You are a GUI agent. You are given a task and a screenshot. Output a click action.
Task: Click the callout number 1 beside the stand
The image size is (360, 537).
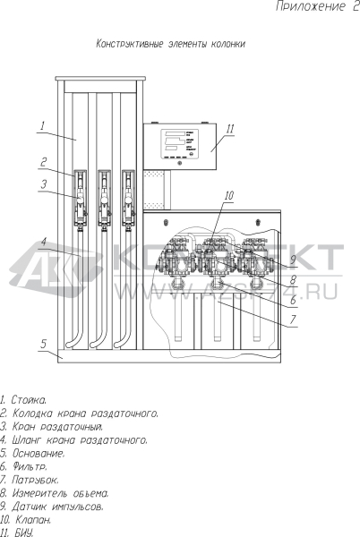coord(42,125)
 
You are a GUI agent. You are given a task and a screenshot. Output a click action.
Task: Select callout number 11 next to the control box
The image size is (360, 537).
coord(230,129)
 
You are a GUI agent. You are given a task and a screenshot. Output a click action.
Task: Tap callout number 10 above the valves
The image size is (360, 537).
coord(229,195)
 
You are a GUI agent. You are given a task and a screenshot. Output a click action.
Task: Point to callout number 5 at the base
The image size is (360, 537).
coord(43,344)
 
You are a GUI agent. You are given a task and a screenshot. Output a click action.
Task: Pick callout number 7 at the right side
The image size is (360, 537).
coord(293,320)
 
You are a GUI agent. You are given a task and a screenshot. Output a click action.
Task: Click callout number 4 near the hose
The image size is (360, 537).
coord(44,243)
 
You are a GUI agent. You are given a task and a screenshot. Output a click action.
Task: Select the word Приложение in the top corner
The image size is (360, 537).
coord(311,6)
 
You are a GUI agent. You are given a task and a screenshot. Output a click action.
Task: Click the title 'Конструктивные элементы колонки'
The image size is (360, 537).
coord(170,44)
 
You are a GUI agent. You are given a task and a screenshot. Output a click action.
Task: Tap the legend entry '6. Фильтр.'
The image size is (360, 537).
coord(23,466)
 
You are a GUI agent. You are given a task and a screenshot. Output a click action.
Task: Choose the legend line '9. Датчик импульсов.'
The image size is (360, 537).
coord(51,507)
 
